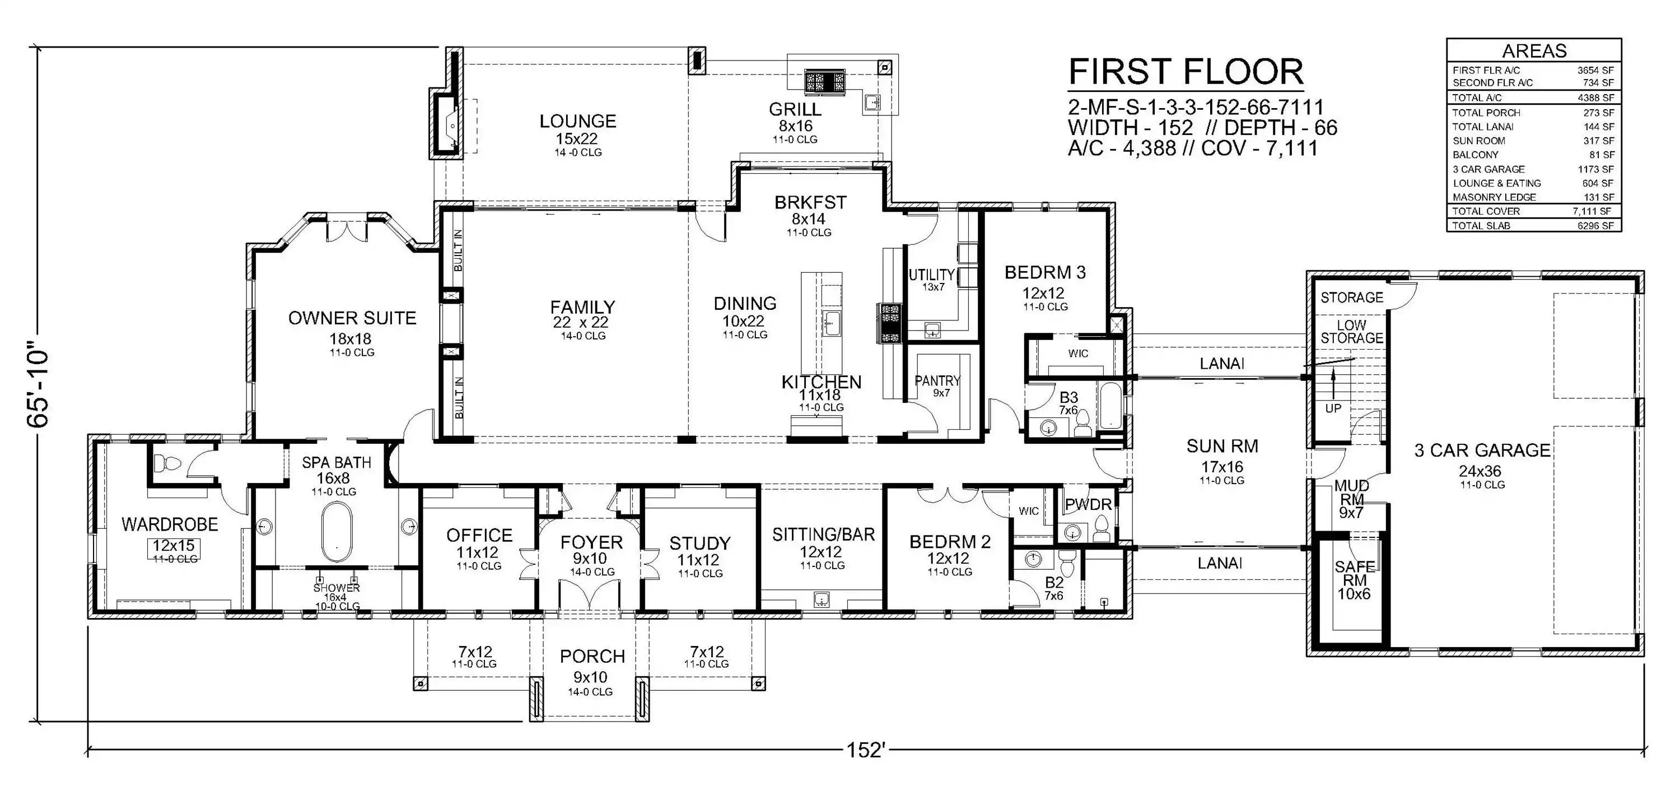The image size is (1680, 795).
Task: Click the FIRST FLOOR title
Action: click(x=1186, y=72)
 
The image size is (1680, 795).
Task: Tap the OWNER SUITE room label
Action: click(x=352, y=319)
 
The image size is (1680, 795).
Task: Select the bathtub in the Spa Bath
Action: click(x=337, y=532)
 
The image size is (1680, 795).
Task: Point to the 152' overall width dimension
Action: click(x=865, y=750)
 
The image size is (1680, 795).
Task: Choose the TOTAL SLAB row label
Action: click(x=1481, y=226)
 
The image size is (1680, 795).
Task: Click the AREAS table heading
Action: click(x=1533, y=51)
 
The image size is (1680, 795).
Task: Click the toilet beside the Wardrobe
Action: click(x=167, y=463)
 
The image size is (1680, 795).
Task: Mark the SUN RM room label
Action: click(x=1222, y=447)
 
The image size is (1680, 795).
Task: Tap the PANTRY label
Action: click(x=938, y=380)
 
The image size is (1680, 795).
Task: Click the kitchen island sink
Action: click(x=832, y=324)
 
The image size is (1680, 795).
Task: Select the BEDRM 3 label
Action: click(x=1045, y=273)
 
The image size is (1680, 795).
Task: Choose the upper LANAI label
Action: click(x=1222, y=364)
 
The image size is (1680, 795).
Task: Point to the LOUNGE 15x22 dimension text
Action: click(x=577, y=138)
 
